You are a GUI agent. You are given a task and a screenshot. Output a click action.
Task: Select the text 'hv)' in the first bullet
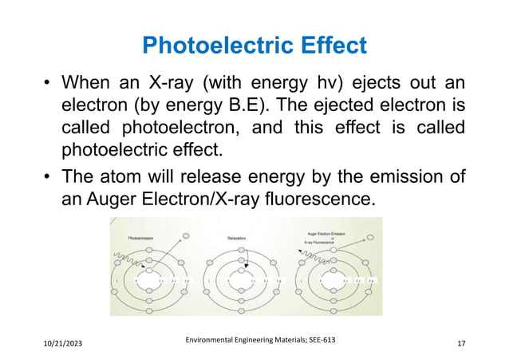(x=332, y=82)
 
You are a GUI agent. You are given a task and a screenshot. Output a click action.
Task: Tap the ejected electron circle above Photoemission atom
(x=185, y=236)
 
